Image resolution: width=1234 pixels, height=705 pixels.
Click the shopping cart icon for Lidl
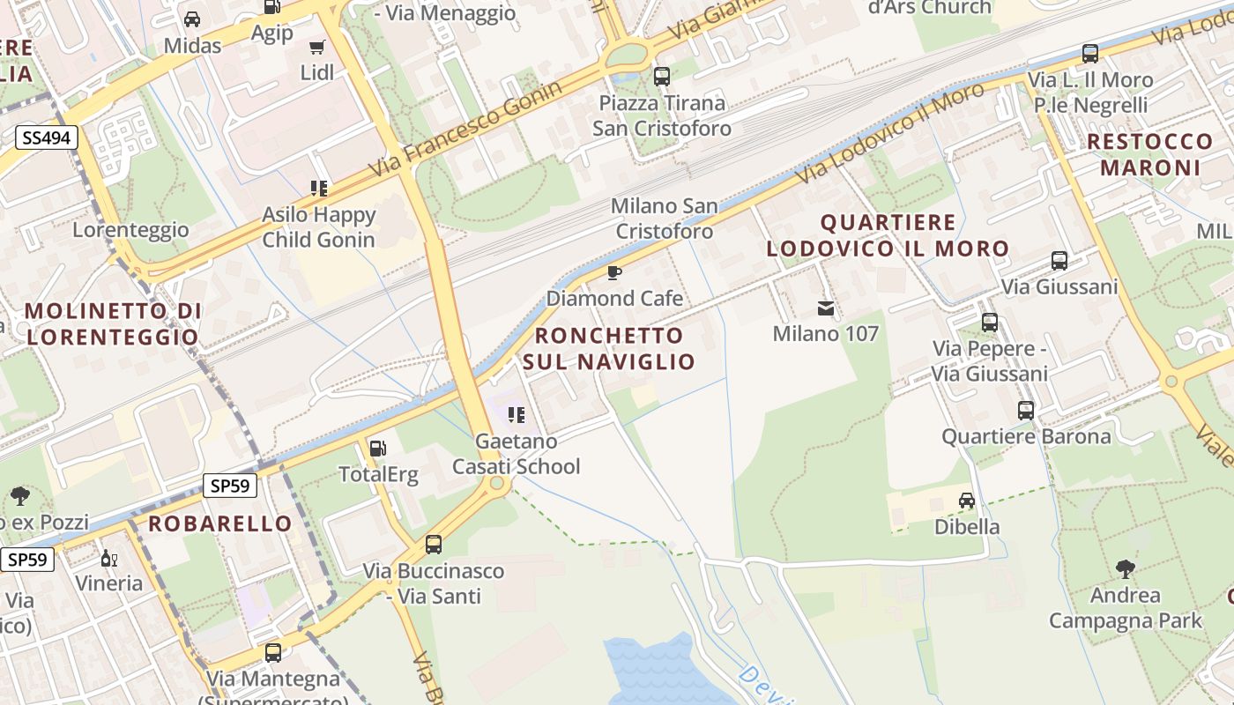tap(316, 47)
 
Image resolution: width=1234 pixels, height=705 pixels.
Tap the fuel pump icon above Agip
tap(271, 6)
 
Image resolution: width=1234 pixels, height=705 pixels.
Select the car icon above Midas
tap(192, 19)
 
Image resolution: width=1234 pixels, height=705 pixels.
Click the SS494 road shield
tap(46, 137)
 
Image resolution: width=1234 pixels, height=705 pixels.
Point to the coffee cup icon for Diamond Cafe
tap(614, 272)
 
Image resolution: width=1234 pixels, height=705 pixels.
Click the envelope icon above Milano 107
tap(826, 308)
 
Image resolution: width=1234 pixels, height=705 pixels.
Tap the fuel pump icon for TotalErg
tap(377, 448)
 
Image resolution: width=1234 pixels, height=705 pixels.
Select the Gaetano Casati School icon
tap(517, 414)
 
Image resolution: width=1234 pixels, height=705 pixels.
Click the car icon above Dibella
tap(967, 501)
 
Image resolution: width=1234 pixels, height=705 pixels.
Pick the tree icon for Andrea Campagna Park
tap(1125, 568)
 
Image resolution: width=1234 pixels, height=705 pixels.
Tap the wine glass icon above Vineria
tap(108, 558)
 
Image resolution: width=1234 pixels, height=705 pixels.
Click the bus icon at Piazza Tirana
tap(662, 77)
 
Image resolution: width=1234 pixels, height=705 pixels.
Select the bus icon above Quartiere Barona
tap(1026, 410)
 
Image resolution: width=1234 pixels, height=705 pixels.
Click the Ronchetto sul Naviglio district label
tap(609, 348)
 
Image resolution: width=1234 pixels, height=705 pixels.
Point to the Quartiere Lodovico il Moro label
tap(888, 235)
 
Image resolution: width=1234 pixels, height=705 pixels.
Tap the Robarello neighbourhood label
tap(219, 523)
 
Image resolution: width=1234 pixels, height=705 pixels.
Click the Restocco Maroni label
tap(1149, 154)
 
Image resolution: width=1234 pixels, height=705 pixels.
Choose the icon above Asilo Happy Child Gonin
tap(319, 188)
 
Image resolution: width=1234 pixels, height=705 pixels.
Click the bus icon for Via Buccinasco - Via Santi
tap(434, 545)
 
